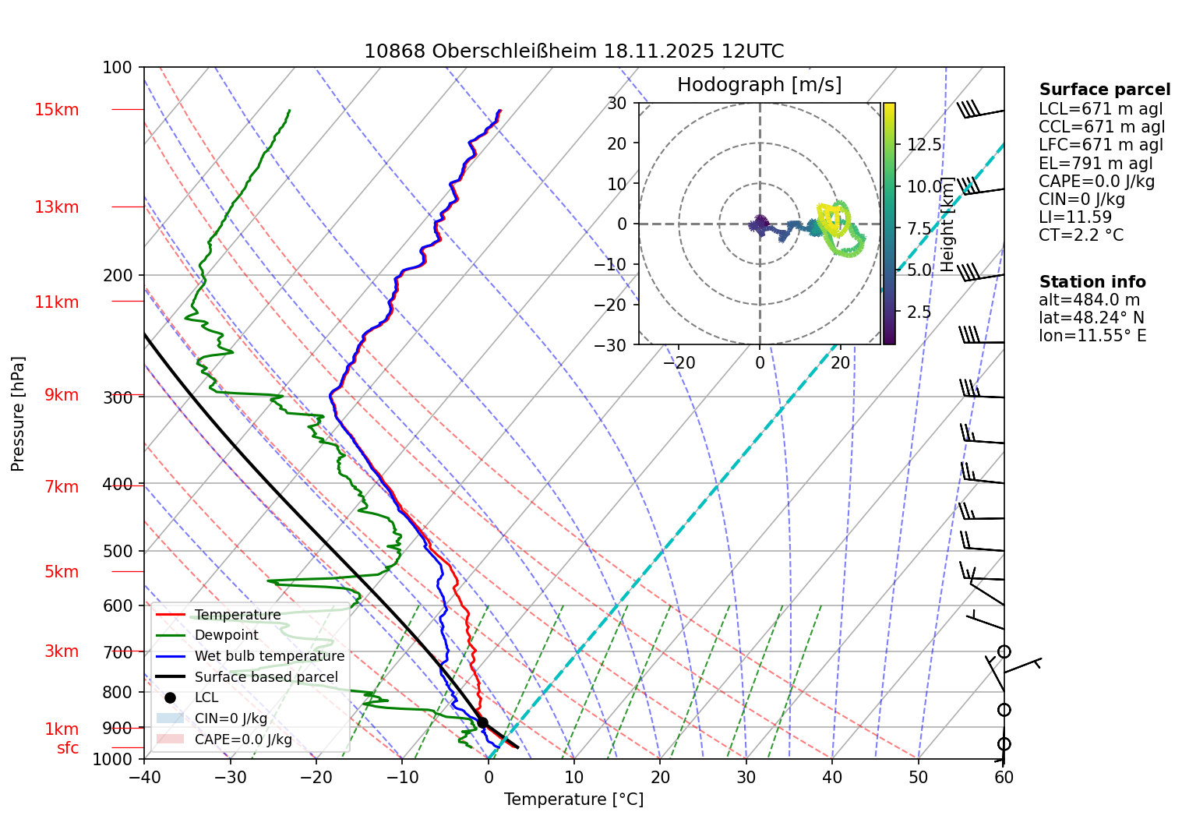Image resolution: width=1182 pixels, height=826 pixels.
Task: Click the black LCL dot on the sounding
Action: [x=482, y=722]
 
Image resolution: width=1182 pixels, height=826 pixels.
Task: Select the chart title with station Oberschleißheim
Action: [x=573, y=51]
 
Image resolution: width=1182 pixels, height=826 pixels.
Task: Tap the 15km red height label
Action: [x=56, y=110]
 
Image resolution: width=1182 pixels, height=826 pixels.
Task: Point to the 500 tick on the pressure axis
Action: [x=118, y=551]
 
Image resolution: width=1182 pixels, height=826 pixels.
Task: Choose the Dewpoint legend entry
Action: [x=226, y=635]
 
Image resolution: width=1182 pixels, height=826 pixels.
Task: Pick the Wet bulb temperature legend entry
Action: [x=269, y=656]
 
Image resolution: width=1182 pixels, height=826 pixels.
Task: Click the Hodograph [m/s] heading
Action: [x=759, y=84]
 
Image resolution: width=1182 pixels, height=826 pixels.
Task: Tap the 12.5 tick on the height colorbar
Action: [x=924, y=145]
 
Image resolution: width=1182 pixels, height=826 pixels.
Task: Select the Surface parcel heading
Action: [x=1104, y=90]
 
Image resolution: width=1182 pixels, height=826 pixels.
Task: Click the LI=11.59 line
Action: [x=1074, y=217]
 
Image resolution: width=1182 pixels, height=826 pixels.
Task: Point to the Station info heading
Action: [x=1092, y=282]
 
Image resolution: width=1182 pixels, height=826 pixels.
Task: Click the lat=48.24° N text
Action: [x=1091, y=318]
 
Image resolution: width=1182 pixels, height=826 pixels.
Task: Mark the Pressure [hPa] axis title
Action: [x=18, y=414]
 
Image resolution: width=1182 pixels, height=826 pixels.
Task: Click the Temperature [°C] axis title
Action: [x=573, y=800]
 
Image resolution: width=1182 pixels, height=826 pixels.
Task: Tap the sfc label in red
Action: [x=68, y=748]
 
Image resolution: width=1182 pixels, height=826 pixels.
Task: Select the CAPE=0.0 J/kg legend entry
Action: [x=242, y=740]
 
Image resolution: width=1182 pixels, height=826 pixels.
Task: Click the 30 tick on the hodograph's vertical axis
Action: [x=617, y=103]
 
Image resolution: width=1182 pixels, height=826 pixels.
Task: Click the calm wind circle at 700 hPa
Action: [x=1004, y=651]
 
